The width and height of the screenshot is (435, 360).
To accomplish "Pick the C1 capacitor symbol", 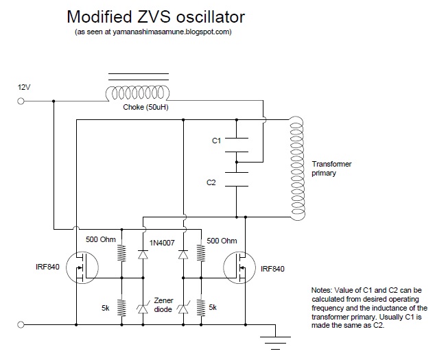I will pos(236,141).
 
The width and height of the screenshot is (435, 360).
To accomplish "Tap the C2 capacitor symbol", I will pos(236,184).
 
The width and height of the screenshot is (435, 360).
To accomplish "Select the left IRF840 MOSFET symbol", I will pos(83,267).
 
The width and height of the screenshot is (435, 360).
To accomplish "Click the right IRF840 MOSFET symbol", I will pos(239,267).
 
